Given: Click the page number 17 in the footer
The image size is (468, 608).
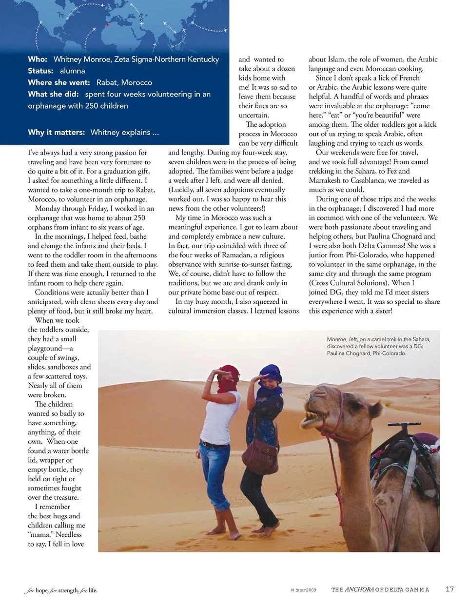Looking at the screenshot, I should pos(449,589).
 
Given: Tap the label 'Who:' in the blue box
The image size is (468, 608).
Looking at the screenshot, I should pos(38,59).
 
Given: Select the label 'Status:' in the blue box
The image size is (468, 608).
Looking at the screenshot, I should pos(40,71).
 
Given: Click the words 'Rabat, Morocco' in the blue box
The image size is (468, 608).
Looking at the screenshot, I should pos(124,82).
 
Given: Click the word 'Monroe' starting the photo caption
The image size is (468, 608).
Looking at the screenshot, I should pos(337,339).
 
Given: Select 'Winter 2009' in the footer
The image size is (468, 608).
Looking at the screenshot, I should pos(304,590).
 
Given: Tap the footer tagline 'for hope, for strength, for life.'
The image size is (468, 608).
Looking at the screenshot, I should pos(61,590).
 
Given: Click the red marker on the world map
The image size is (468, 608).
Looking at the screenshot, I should pos(107,25).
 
